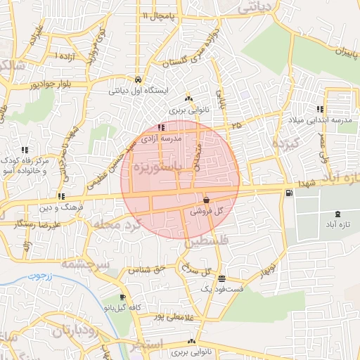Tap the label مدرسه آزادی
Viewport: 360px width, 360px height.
pos(162,139)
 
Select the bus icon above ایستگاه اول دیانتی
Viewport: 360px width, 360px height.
pos(138,79)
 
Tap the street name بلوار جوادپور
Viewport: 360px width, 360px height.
pos(33,84)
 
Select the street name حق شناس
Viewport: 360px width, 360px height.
pos(148,269)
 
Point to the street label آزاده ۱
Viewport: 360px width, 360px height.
pos(65,55)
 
